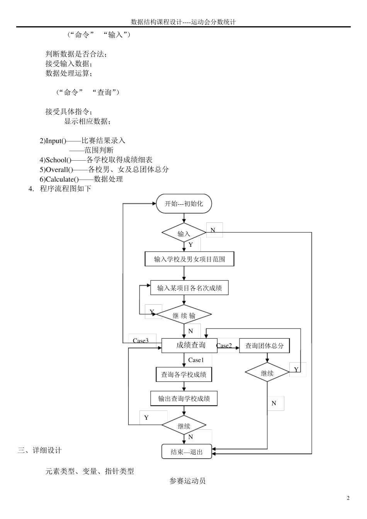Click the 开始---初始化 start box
(184, 204)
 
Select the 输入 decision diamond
(184, 233)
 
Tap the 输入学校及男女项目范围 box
(189, 259)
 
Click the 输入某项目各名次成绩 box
(189, 288)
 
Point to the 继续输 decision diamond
(184, 315)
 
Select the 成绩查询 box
(189, 345)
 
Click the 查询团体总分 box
(264, 346)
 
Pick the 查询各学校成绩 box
(184, 374)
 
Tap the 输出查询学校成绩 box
(184, 399)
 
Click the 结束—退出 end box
(187, 451)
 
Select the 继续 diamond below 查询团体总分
(267, 373)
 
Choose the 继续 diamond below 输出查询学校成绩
(184, 426)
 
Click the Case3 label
(141, 341)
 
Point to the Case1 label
(196, 360)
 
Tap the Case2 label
(224, 346)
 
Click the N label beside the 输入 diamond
(213, 230)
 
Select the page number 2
(348, 498)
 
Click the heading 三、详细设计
(39, 450)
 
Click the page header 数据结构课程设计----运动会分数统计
(183, 22)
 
